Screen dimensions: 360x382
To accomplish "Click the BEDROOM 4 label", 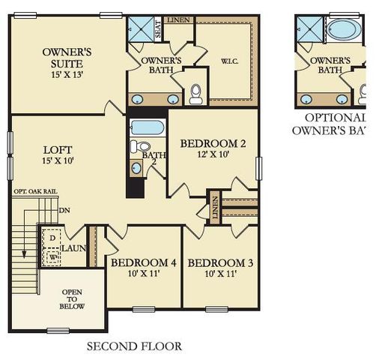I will point(143,268).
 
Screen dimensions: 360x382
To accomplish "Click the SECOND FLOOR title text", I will point(134,346).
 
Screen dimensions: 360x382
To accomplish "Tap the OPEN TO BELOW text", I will point(72,299).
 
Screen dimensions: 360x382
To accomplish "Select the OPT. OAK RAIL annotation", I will point(34,192).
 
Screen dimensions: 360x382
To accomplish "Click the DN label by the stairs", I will point(64,210).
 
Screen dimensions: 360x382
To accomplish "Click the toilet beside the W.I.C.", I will point(196,93).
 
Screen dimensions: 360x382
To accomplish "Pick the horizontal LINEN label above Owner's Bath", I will point(178,20).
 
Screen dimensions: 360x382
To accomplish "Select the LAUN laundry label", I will point(73,247).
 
